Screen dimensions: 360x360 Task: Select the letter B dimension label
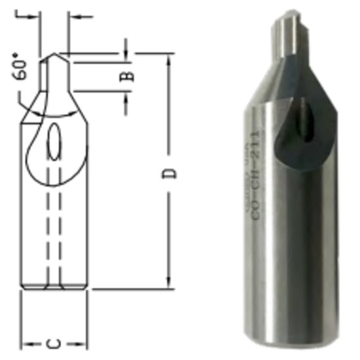[129, 74]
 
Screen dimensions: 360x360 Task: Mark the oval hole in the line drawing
[56, 141]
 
